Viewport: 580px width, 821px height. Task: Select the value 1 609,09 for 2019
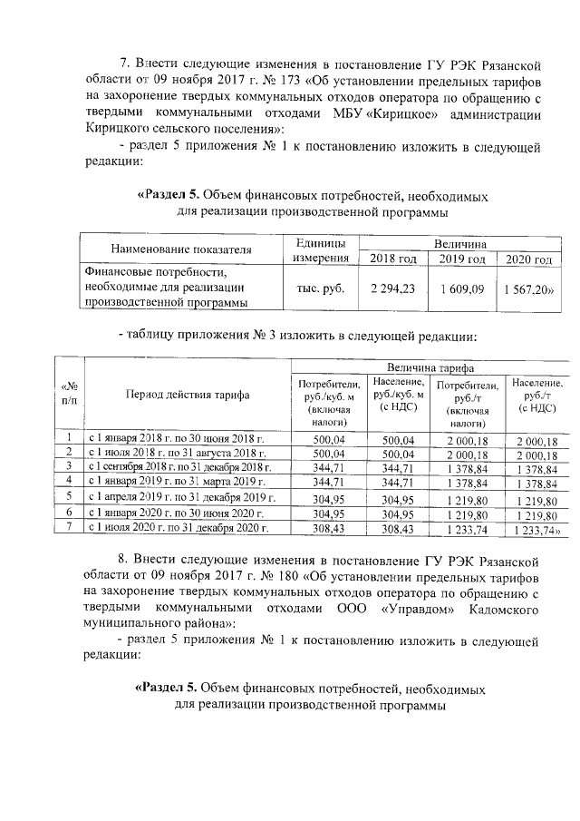click(462, 288)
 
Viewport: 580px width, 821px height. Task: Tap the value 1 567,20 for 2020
click(530, 288)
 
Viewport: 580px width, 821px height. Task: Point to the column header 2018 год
click(393, 259)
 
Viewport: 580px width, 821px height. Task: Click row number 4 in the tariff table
click(69, 481)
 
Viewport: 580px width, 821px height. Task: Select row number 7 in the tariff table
click(69, 527)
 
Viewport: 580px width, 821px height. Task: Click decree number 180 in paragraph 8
click(290, 579)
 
